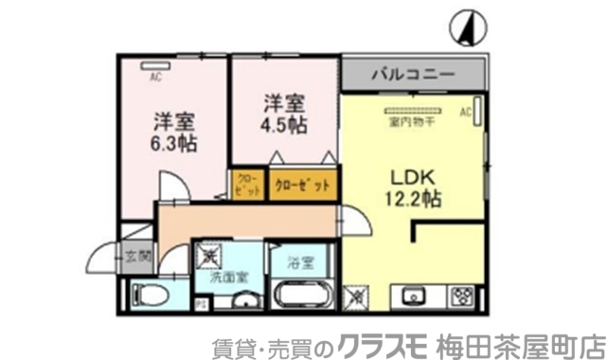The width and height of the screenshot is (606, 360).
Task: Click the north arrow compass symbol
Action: [466, 25]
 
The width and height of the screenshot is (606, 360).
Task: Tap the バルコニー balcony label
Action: [413, 73]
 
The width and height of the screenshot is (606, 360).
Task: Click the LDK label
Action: [410, 175]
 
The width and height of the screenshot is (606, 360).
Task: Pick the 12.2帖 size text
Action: [410, 199]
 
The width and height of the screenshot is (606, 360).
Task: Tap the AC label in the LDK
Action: [465, 114]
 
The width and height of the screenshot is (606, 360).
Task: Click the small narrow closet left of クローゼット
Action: [245, 184]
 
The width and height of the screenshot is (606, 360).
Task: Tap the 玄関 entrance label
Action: [136, 255]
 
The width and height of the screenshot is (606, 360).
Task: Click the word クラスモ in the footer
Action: [385, 342]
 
